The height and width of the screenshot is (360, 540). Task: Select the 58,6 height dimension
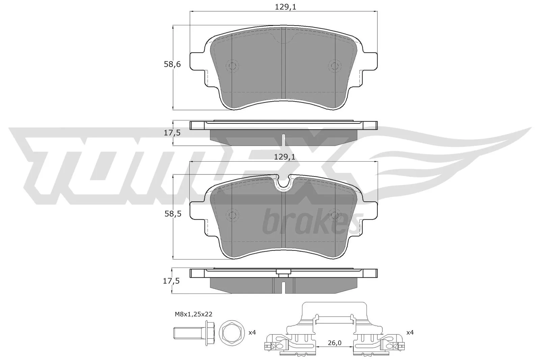(172, 64)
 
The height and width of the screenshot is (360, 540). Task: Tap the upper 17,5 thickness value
(172, 133)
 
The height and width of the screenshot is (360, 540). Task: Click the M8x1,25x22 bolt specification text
(193, 314)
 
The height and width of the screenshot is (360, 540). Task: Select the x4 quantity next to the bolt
(252, 333)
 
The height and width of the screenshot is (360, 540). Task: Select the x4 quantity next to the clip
(410, 333)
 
